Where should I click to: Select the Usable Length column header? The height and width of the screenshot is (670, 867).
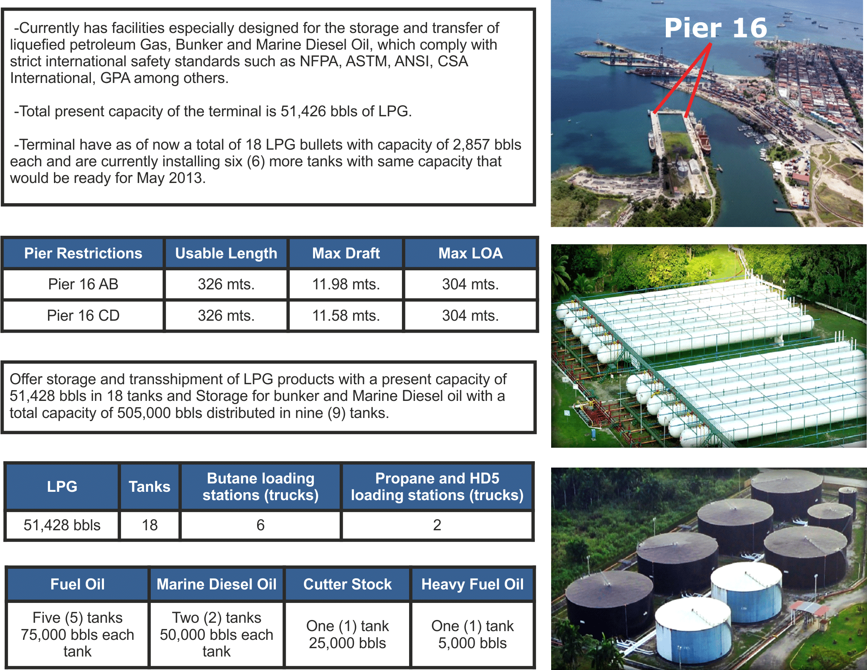tap(226, 253)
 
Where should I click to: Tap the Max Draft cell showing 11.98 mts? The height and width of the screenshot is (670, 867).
tap(346, 284)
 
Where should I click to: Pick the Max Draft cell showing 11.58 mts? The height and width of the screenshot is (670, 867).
tap(346, 315)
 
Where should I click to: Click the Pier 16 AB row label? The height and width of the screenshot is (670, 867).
tap(83, 284)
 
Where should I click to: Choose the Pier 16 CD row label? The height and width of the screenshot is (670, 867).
tap(83, 315)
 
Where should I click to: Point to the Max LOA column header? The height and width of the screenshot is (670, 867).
tap(471, 253)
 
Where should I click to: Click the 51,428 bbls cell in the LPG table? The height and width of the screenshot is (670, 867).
tap(62, 525)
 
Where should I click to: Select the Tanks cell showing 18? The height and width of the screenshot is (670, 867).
tap(150, 525)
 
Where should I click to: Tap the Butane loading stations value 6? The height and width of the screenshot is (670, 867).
tap(260, 525)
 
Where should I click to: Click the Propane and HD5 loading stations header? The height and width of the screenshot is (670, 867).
tap(437, 487)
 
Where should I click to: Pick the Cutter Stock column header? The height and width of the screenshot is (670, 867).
tap(347, 584)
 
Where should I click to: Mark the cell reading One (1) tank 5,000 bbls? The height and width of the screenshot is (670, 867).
tap(473, 634)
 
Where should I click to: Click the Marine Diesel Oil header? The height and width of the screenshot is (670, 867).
tap(216, 584)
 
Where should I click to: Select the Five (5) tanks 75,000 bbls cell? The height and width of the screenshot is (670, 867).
tap(77, 634)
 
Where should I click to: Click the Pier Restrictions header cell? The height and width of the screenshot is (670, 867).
tap(83, 253)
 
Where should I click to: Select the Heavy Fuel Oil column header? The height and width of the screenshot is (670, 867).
tap(473, 584)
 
